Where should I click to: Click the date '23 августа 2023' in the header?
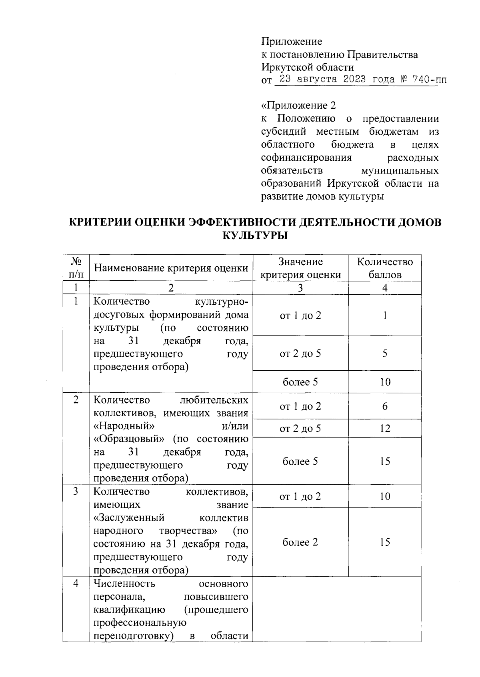[322, 79]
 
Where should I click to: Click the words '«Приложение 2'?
[298, 106]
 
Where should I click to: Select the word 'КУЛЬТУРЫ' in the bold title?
[255, 236]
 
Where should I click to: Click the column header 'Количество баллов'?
[384, 268]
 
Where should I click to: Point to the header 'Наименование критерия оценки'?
[171, 268]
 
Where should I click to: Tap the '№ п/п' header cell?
[76, 268]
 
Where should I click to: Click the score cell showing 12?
[384, 429]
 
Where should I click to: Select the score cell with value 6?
[384, 406]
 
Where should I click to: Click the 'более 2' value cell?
[300, 542]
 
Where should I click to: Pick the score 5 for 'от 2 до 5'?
[384, 353]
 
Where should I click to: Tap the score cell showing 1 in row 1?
[384, 316]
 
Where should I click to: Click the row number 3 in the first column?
[76, 491]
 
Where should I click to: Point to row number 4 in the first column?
[76, 583]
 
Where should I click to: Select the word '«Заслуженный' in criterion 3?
[129, 518]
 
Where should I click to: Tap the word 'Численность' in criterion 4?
[124, 583]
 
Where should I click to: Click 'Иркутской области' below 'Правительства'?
[307, 67]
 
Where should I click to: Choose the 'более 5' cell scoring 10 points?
[300, 382]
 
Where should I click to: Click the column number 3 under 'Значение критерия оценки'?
[300, 288]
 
